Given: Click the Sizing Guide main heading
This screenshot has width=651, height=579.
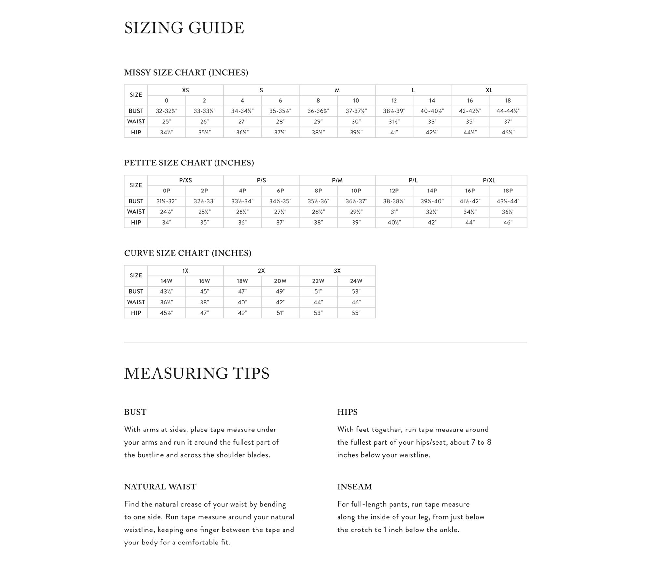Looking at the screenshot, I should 184,28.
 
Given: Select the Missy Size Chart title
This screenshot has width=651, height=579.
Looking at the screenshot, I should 186,72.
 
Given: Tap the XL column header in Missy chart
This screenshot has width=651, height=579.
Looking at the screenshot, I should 489,90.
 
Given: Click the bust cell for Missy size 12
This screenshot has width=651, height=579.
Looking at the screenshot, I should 394,111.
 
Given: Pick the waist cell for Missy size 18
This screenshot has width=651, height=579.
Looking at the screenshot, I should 508,122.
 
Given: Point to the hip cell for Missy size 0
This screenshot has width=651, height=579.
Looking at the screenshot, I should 166,133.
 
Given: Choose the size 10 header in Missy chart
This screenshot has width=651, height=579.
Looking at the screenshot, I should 356,101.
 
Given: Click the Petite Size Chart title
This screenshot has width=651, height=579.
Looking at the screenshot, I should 189,163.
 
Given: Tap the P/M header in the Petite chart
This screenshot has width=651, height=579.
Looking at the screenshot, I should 337,180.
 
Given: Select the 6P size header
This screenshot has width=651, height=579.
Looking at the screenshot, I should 280,191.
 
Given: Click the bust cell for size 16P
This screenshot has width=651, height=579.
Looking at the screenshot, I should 470,201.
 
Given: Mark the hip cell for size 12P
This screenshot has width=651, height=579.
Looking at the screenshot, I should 394,223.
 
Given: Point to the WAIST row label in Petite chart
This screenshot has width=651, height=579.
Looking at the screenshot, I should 136,212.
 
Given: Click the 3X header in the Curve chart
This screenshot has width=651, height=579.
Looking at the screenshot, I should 337,271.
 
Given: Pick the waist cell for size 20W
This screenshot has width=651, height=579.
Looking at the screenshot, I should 280,302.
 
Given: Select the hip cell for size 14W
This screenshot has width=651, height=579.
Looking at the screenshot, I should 166,313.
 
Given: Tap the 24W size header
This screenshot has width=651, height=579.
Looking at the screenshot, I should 356,281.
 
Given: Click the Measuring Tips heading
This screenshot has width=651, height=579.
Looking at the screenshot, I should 197,373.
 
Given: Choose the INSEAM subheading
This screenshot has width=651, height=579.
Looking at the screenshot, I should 354,487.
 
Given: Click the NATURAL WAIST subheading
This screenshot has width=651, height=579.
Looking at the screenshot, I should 160,487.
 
